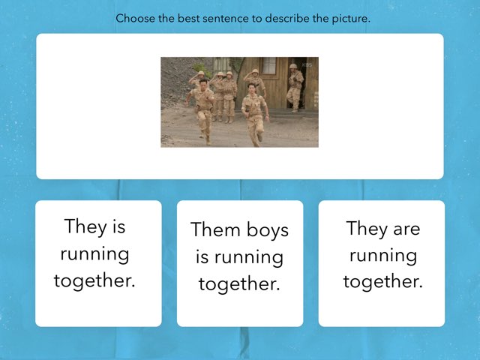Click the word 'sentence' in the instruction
click(225, 19)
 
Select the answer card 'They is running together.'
click(98, 263)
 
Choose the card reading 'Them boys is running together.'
click(240, 263)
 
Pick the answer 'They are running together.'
click(382, 263)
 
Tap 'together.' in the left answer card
click(94, 281)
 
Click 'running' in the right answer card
click(382, 255)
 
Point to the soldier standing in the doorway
click(295, 88)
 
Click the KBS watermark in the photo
click(307, 65)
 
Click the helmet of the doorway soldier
click(293, 67)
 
